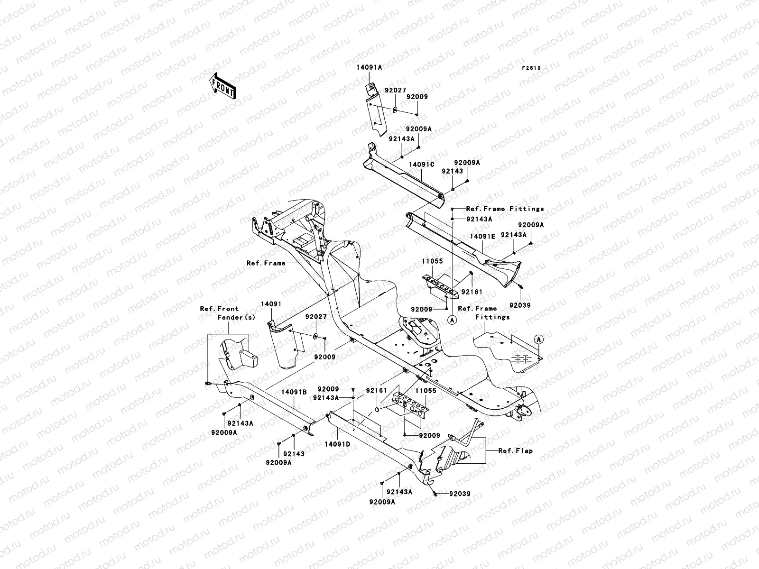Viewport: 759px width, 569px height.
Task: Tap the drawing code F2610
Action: click(531, 68)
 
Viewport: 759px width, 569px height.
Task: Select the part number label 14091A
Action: click(370, 68)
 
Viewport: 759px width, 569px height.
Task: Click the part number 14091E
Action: click(482, 235)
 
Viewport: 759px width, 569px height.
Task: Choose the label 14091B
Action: click(294, 392)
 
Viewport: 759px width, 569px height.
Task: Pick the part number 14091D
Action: click(337, 444)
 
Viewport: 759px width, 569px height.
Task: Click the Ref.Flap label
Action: click(515, 450)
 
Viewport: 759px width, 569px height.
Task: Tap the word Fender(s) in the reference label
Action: click(236, 317)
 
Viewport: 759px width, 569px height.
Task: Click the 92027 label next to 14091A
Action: click(395, 89)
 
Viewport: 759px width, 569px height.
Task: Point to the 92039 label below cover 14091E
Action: click(520, 305)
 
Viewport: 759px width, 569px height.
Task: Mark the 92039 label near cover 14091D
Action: click(460, 494)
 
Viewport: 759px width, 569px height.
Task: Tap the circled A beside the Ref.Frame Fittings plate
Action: click(538, 340)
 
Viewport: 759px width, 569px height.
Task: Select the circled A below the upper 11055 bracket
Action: click(452, 320)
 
